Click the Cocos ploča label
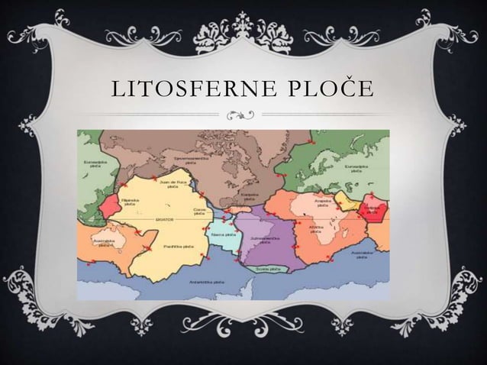click(x=201, y=209)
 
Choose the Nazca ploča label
click(x=223, y=234)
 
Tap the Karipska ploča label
click(x=242, y=195)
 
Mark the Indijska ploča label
click(x=372, y=208)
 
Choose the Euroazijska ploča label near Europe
click(x=355, y=168)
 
